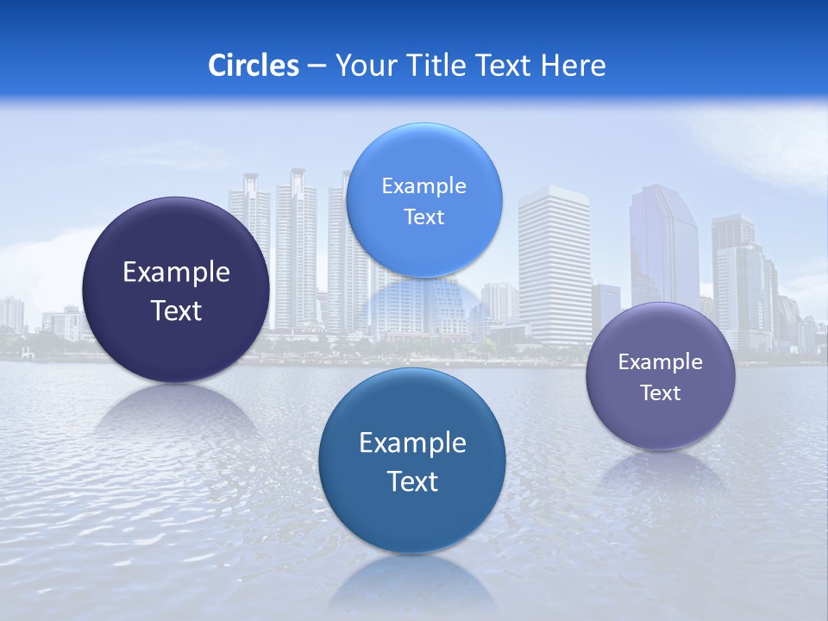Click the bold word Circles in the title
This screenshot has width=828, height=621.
[254, 66]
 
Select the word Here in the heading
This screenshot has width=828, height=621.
[573, 66]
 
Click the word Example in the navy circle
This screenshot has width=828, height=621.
[176, 272]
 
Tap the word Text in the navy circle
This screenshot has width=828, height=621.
[176, 310]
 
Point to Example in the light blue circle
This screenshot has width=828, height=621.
[423, 185]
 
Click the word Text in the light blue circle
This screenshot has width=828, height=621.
[423, 216]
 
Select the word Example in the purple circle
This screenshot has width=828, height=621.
[661, 361]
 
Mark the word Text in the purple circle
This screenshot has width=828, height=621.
[661, 392]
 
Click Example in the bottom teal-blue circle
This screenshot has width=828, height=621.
[412, 442]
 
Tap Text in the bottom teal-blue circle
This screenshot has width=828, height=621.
[412, 481]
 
